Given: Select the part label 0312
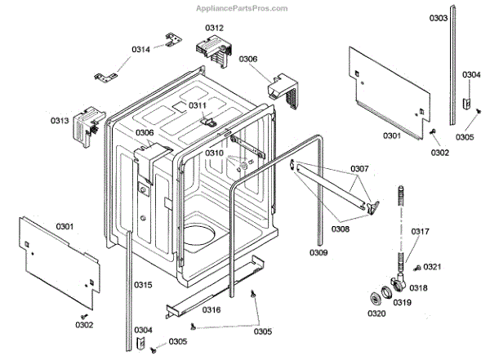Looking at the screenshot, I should click(x=214, y=28).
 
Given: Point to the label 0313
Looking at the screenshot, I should click(x=60, y=121).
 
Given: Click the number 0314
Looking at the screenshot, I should click(x=140, y=49).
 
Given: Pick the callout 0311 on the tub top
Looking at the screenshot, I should click(x=198, y=105).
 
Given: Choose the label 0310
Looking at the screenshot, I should click(x=214, y=153).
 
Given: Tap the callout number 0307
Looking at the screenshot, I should click(x=360, y=170).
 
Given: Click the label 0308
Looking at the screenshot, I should click(x=341, y=229).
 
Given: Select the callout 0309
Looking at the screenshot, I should click(x=318, y=253).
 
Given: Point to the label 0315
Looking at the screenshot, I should click(x=143, y=284).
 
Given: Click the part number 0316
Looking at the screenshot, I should click(x=211, y=310).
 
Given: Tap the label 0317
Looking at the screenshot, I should click(x=420, y=231).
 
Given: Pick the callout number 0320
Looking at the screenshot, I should click(x=376, y=313).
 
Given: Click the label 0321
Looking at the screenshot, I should click(x=433, y=268).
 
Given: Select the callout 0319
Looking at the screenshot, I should click(x=403, y=303).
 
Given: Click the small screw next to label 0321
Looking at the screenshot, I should click(x=416, y=268).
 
